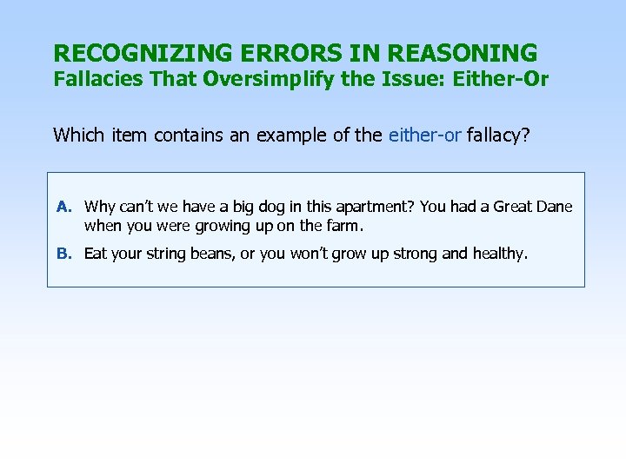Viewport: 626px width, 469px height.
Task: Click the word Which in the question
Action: click(x=76, y=135)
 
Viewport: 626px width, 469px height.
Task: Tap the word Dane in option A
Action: click(x=555, y=207)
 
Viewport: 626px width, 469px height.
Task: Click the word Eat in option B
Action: click(x=96, y=254)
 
